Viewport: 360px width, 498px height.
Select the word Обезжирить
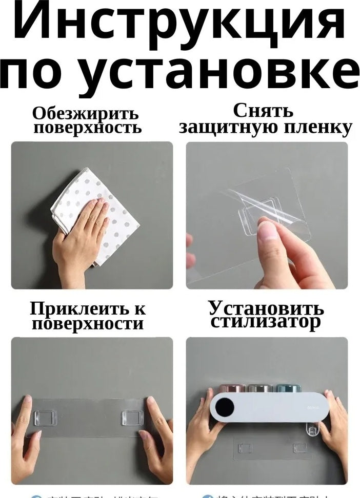(85, 113)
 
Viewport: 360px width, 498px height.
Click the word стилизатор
(266, 322)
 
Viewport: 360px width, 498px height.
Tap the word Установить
(266, 308)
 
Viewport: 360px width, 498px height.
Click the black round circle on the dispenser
(225, 408)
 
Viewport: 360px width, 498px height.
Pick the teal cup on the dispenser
(288, 388)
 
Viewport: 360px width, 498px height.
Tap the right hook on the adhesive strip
(132, 418)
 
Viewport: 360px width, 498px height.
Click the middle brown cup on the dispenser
(259, 388)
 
